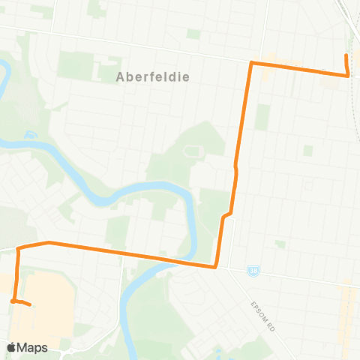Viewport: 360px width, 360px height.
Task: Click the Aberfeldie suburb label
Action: coord(153,76)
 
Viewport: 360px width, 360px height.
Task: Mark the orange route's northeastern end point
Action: coord(345,55)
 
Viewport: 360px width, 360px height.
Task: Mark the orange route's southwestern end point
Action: coord(29,304)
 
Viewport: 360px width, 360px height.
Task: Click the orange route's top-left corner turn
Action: coord(250,64)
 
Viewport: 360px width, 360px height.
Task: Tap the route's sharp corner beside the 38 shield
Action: coord(215,266)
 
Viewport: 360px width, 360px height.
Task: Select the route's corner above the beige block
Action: coord(17,247)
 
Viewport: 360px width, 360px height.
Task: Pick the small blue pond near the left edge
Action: coord(30,136)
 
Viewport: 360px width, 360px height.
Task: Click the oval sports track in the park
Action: coord(190,152)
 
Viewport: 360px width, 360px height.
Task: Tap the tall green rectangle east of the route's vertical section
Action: coord(262,116)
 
